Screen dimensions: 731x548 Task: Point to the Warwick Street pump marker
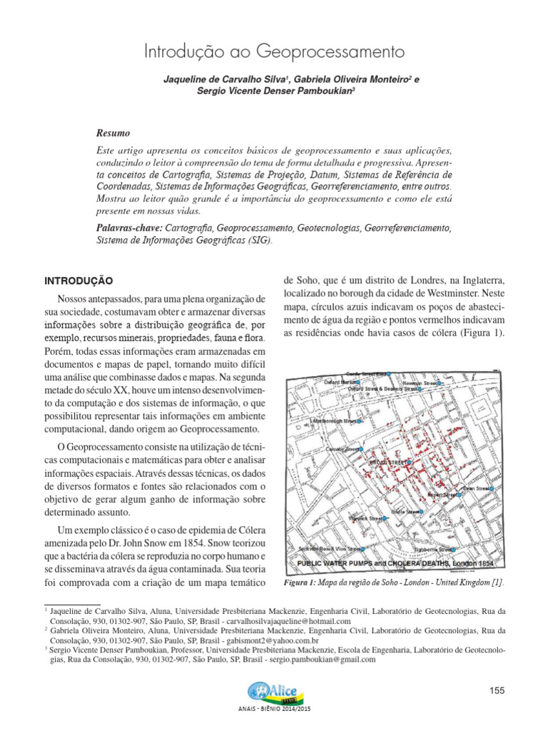click(384, 519)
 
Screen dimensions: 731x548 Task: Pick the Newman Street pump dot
click(440, 383)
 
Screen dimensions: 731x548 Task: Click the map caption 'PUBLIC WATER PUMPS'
click(340, 564)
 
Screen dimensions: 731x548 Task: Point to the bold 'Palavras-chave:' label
click(129, 228)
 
